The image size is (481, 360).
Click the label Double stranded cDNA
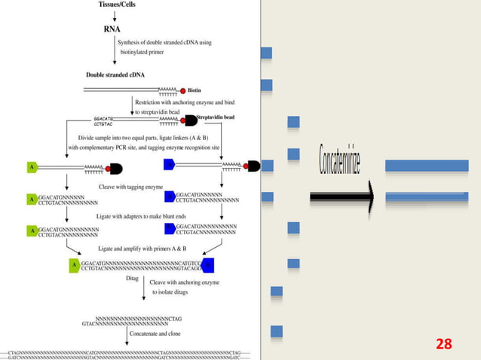tap(116, 75)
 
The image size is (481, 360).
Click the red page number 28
tap(444, 344)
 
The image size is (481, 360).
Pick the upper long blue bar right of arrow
tap(426, 166)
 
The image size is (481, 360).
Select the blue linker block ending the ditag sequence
tap(207, 264)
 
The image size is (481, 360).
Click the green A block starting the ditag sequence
tap(74, 264)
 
